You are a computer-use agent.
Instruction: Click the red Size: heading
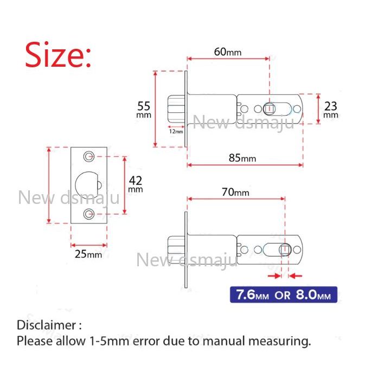pyautogui.click(x=57, y=55)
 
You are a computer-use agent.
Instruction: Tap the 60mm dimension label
pyautogui.click(x=228, y=52)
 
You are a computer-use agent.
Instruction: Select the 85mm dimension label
pyautogui.click(x=242, y=158)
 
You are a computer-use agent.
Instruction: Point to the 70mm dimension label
pyautogui.click(x=235, y=192)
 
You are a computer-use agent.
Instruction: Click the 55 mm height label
pyautogui.click(x=144, y=109)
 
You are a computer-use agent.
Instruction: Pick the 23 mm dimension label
pyautogui.click(x=330, y=109)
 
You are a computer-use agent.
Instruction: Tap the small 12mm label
pyautogui.click(x=176, y=131)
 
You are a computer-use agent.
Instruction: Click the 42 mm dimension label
pyautogui.click(x=136, y=184)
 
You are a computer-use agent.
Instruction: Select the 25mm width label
pyautogui.click(x=88, y=254)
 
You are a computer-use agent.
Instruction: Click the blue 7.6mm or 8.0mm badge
pyautogui.click(x=284, y=294)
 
